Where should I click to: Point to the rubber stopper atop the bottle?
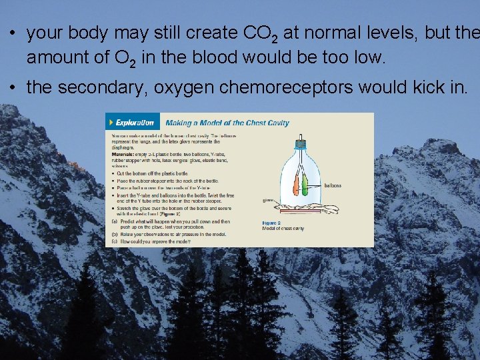click(301, 142)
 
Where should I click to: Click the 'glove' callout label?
click(269, 199)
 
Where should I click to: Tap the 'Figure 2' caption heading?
click(272, 223)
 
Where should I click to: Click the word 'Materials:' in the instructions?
click(123, 155)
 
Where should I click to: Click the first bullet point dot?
click(13, 33)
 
